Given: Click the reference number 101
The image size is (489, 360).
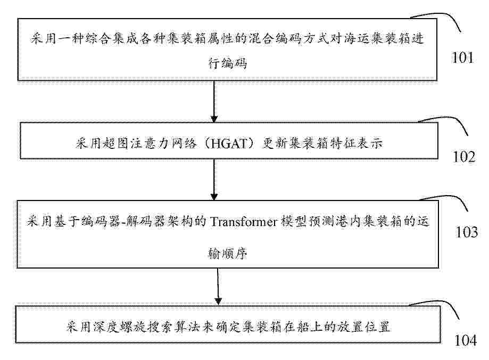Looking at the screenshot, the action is click(x=463, y=57).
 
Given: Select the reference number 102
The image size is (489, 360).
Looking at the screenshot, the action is click(x=465, y=156).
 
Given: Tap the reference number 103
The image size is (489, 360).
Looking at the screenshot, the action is click(x=467, y=232).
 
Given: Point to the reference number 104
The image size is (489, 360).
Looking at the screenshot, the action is click(x=466, y=340).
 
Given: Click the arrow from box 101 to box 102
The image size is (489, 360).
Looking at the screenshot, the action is click(x=214, y=102).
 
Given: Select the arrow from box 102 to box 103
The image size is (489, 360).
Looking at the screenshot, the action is click(x=214, y=180).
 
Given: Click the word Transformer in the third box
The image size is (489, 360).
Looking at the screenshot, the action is click(x=244, y=222).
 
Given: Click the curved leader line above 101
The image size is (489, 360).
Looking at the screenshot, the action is click(x=443, y=14).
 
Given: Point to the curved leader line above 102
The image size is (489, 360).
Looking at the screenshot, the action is click(x=449, y=119).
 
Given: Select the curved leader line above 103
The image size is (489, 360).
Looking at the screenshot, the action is click(x=449, y=197).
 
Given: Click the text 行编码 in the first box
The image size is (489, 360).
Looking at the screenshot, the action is click(x=228, y=64).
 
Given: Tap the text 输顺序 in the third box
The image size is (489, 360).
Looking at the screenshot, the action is click(x=228, y=254).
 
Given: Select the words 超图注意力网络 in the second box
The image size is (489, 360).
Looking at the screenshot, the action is click(x=150, y=144).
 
